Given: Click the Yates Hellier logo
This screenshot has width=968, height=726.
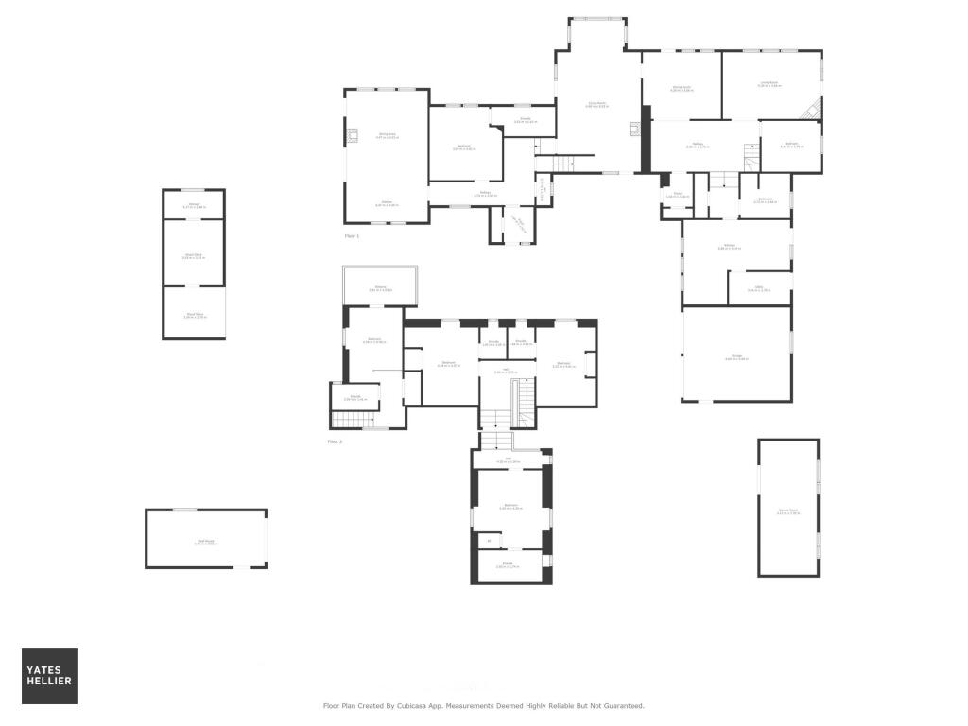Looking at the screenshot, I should coord(49,676).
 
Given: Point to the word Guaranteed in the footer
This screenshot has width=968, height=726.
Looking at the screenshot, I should coord(621,705).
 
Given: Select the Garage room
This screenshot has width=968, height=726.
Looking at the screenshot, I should coord(736,356).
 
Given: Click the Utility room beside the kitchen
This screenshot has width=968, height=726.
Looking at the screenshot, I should coord(759,288).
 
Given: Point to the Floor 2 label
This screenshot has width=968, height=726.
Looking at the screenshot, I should coord(335,441).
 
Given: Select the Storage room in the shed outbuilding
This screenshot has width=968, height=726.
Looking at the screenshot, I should coord(194,204).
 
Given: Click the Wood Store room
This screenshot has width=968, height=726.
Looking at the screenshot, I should coord(195,316).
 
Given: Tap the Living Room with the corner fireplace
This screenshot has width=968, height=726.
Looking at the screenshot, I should coord(770,84).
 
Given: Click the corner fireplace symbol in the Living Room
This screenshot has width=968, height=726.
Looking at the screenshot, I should coord(811,111).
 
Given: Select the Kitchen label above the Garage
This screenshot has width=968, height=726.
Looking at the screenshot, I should coord(729,247).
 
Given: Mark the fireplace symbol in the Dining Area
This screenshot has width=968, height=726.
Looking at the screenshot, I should coord(353,135).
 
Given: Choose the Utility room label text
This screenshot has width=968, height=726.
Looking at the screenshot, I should coord(759,288).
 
